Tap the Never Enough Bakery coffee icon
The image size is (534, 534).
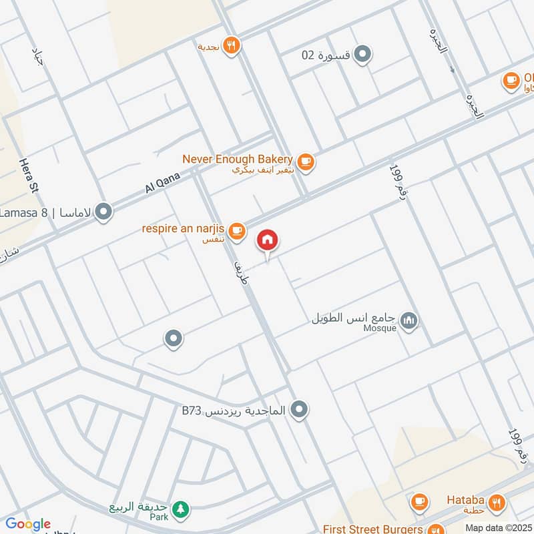(306, 162)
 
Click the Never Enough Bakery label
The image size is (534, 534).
(238, 159)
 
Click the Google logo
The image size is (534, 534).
(27, 524)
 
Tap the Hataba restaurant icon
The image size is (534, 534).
(496, 501)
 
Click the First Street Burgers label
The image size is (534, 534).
(372, 529)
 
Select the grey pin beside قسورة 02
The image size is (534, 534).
(362, 55)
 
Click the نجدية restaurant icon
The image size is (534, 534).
(232, 45)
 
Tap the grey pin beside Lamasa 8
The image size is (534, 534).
(103, 212)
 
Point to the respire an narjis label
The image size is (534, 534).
(182, 229)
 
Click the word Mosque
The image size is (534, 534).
(380, 328)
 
